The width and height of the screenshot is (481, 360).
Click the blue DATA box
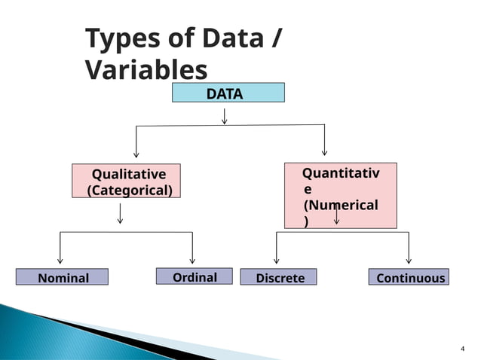[x=228, y=93]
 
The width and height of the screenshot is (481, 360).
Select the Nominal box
[x=63, y=277]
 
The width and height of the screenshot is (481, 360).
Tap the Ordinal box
[x=194, y=276]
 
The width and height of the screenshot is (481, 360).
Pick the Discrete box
[x=279, y=277]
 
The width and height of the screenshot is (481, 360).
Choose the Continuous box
[x=409, y=277]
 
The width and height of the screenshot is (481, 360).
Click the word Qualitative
[x=129, y=175]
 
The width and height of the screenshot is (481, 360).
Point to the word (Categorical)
[x=130, y=191]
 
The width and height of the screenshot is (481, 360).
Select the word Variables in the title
[x=146, y=70]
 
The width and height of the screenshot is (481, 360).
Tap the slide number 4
[x=462, y=348]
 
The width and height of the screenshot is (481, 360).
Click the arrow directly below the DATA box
[x=225, y=117]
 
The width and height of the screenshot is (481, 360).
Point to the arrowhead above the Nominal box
[x=60, y=259]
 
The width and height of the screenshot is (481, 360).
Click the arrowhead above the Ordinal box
[x=193, y=259]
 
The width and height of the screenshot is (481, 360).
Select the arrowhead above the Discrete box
[x=277, y=259]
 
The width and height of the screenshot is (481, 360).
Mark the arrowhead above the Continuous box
[x=409, y=259]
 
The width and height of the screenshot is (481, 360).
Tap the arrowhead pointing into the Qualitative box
[x=136, y=154]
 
